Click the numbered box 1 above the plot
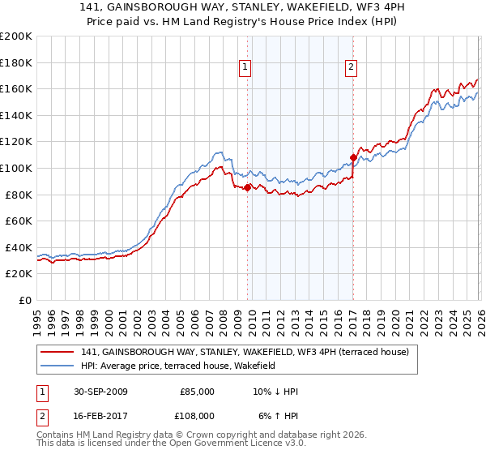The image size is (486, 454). coord(245,68)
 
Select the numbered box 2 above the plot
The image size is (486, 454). coord(352,68)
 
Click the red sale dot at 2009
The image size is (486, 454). coord(248,188)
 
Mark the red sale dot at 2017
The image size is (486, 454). coord(353,157)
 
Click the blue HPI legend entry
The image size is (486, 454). coord(178,366)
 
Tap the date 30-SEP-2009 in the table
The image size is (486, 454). coord(100,392)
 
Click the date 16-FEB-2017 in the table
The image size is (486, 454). coord(100,415)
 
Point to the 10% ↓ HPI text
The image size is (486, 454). coord(275,392)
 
